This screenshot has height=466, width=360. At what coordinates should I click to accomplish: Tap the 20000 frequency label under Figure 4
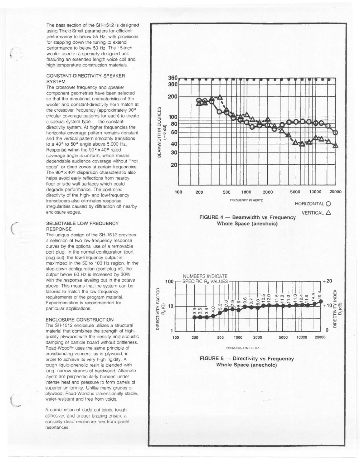(335, 192)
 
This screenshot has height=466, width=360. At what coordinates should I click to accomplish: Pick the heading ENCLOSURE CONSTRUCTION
(79, 320)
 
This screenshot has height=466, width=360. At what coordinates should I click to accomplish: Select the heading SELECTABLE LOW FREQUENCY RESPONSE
(82, 226)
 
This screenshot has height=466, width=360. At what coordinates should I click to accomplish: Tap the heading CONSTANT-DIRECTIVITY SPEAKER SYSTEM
(85, 78)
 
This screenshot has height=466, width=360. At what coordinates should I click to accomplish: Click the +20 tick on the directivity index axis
(327, 281)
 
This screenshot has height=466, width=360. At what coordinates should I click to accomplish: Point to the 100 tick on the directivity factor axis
(170, 282)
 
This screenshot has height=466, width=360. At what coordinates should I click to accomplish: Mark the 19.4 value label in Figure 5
(320, 295)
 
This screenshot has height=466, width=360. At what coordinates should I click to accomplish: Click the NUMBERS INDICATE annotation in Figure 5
(205, 276)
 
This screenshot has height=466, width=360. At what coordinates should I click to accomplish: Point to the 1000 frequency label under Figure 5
(238, 337)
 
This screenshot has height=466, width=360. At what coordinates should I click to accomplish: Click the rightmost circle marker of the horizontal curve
(335, 132)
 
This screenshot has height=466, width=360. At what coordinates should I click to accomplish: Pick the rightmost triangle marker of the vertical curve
(335, 145)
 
